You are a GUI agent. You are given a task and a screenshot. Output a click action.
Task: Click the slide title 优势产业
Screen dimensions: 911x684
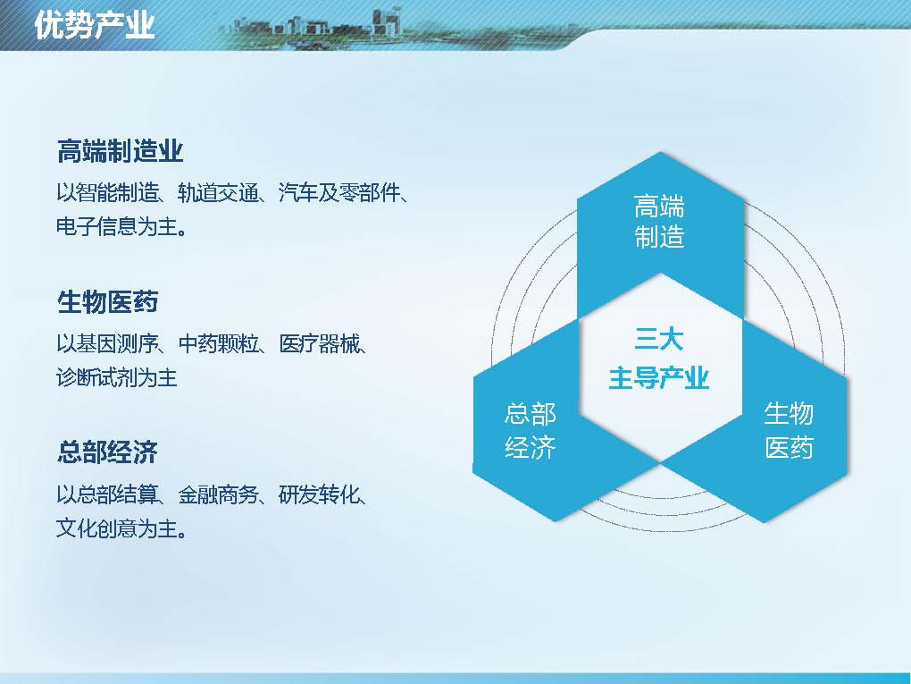[x=95, y=25]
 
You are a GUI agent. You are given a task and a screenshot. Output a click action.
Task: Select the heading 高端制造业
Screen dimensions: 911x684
[x=121, y=151]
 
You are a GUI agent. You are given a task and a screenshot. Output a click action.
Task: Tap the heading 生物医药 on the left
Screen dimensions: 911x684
[x=107, y=302]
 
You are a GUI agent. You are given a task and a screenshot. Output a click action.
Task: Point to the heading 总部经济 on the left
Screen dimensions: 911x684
[x=107, y=452]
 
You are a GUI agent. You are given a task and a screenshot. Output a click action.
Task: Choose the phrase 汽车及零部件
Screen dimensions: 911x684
[x=339, y=192]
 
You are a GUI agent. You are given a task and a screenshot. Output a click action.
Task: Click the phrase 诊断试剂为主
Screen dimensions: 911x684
[x=117, y=377]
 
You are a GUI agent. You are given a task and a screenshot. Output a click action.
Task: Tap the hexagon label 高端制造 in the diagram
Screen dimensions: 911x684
[x=659, y=222]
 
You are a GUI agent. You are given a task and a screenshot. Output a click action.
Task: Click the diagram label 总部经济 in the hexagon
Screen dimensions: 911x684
[x=531, y=430]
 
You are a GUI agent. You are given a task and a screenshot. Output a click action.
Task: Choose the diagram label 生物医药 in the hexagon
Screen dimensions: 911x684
[x=789, y=430]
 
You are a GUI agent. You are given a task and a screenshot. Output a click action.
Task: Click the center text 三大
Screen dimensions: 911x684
[x=659, y=339]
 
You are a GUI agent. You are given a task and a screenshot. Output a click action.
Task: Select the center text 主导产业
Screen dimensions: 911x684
[x=659, y=378]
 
